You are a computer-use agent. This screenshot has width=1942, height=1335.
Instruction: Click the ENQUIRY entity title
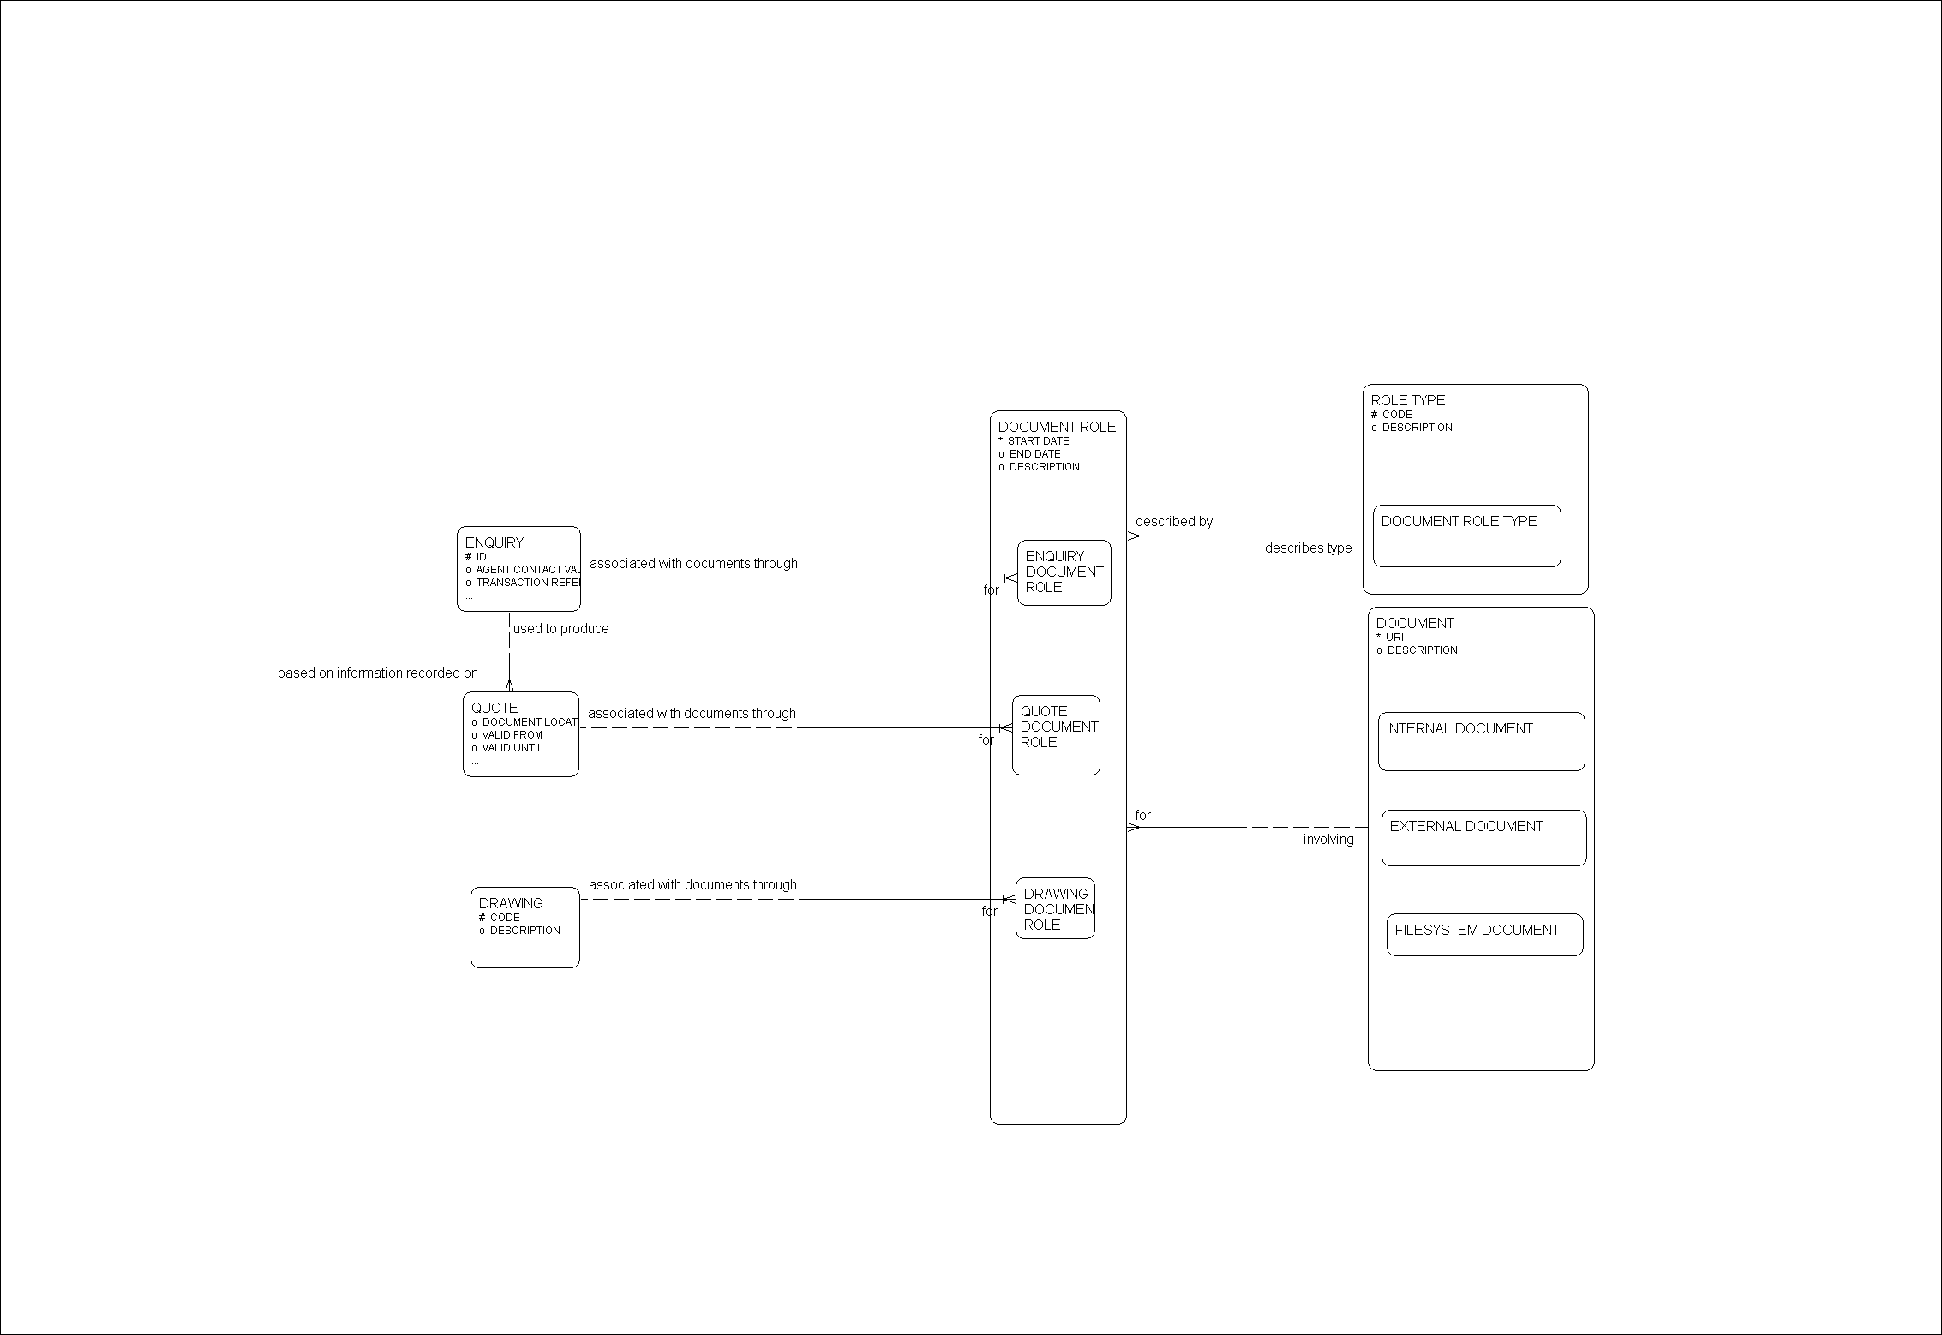coord(494,542)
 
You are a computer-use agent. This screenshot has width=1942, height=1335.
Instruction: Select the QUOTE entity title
coord(494,708)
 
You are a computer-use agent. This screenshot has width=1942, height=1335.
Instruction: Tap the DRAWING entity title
coord(511,903)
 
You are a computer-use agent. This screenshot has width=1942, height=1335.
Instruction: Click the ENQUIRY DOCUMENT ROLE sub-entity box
coord(1064,572)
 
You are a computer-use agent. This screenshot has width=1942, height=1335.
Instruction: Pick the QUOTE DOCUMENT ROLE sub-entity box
coord(1056,734)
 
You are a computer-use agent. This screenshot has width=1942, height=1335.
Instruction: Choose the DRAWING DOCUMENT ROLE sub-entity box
coord(1055,908)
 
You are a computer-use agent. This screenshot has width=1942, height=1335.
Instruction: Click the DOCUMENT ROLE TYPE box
coord(1466,536)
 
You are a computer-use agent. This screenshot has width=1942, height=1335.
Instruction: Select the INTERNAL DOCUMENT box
coord(1481,741)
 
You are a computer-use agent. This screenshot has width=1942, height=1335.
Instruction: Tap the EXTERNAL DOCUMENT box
coord(1483,837)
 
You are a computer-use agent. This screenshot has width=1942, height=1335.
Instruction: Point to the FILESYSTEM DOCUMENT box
coord(1484,934)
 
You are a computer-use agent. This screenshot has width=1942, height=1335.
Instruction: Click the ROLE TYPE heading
coord(1407,400)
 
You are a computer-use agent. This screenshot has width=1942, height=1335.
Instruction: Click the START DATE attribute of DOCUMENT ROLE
coord(1038,441)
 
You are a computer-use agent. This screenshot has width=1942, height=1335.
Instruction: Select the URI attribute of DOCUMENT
coord(1394,638)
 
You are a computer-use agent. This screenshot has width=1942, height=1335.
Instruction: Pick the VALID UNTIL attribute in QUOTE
coord(512,748)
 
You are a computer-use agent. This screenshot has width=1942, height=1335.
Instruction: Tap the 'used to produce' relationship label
coord(560,629)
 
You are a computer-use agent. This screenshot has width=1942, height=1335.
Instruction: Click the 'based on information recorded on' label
coord(377,673)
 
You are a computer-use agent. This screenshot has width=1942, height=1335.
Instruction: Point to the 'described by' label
coord(1173,522)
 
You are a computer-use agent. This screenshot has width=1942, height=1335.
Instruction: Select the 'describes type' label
coord(1308,548)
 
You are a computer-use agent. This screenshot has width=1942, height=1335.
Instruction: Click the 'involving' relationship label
coord(1328,840)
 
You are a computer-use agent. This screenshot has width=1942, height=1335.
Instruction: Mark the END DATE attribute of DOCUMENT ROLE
coord(1034,454)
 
